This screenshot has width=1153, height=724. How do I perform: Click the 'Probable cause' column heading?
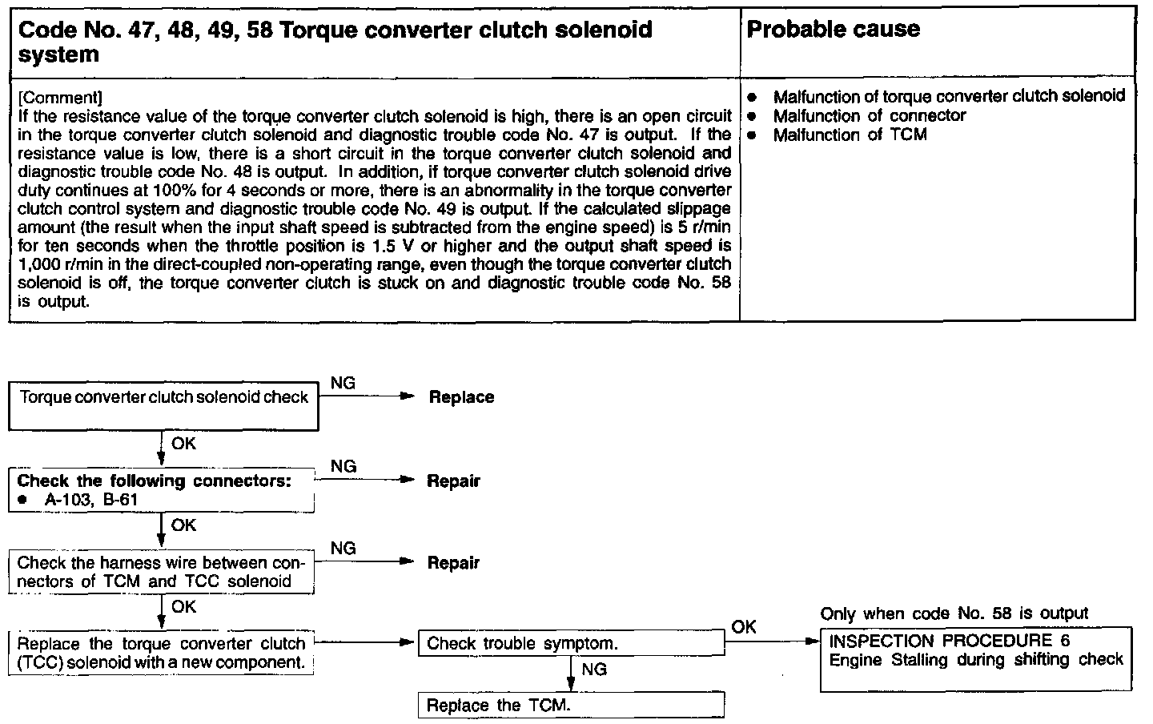pos(833,30)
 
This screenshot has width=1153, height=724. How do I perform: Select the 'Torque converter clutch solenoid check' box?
pos(163,408)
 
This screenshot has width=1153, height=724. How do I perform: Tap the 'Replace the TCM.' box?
pos(571,706)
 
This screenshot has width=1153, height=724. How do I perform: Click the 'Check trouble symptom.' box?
pos(571,644)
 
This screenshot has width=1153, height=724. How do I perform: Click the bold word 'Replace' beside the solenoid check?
pos(461,397)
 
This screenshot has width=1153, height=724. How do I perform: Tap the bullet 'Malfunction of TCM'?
pos(850,135)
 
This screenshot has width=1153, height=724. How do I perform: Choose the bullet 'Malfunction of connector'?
pos(869,116)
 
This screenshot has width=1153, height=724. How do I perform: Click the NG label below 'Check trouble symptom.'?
pos(594,669)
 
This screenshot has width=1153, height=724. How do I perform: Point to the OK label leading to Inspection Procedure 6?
pos(744,627)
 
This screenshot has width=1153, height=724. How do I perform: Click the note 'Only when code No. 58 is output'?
pos(954,614)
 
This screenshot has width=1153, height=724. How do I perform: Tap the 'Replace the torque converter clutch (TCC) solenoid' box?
pos(161,654)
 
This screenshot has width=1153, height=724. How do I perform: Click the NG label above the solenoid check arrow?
pos(343,384)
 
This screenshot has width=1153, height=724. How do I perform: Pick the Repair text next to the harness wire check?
pos(453,563)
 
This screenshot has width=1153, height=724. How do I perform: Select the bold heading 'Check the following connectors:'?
pos(154,481)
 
